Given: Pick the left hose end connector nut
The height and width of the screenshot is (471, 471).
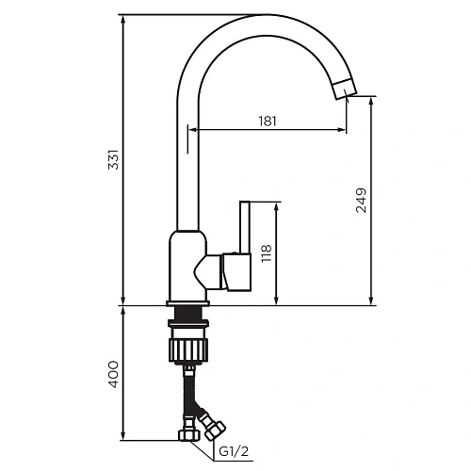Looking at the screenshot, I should [x=187, y=436].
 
